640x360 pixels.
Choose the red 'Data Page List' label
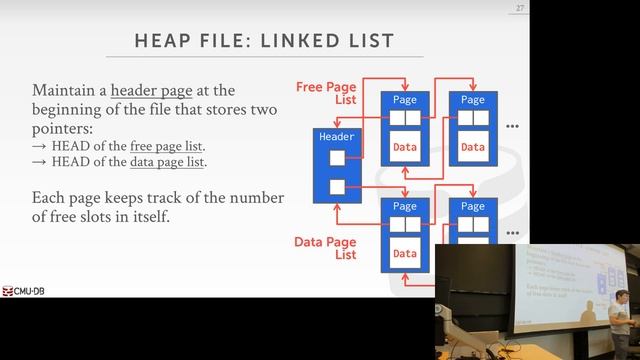tap(325, 248)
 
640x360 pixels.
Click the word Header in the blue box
tap(336, 136)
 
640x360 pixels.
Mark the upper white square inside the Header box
tap(337, 157)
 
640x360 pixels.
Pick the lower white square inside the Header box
tap(337, 186)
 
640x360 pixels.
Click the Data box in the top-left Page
tap(404, 147)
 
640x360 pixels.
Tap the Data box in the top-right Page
tap(472, 147)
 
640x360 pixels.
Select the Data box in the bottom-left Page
tap(404, 253)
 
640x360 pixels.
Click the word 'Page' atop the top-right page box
tap(473, 100)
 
